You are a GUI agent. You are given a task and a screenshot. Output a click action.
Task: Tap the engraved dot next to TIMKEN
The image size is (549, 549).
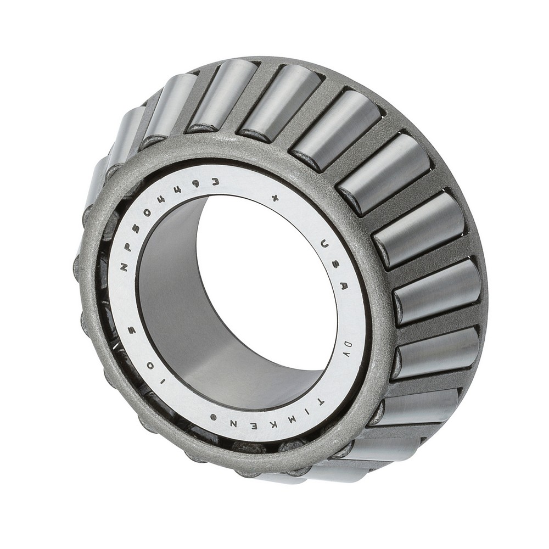pos(213,418)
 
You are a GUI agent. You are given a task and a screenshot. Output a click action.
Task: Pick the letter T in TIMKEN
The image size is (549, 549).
pos(319,402)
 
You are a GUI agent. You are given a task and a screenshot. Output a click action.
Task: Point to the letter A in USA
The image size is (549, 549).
pos(344,286)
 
